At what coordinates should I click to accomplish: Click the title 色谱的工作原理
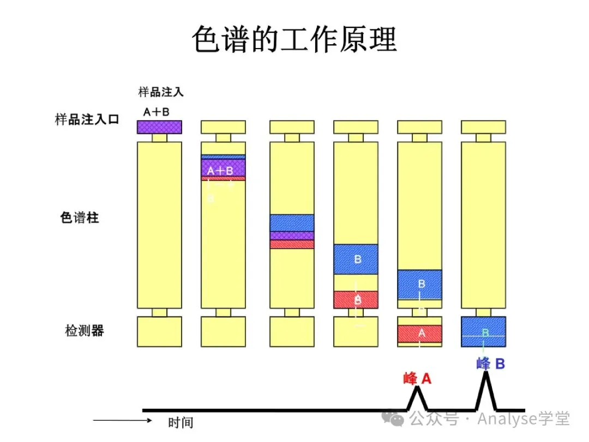294,39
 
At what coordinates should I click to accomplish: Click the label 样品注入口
87,120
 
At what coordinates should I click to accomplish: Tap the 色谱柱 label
80,218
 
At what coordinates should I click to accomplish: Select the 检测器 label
85,331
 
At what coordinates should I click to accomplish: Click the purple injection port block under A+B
159,127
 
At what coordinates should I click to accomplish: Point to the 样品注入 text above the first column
161,92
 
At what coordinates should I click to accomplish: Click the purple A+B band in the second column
223,168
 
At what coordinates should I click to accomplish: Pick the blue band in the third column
292,223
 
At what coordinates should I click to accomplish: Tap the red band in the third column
292,244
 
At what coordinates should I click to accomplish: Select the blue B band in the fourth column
356,259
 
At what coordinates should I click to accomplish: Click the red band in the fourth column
356,299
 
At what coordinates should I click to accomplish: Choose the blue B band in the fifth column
419,284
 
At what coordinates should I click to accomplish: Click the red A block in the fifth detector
419,333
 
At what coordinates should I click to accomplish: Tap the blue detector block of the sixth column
483,332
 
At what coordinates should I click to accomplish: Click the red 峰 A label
417,378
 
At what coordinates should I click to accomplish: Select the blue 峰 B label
490,363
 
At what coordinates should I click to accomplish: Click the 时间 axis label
181,422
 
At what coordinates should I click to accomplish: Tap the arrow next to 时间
122,421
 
